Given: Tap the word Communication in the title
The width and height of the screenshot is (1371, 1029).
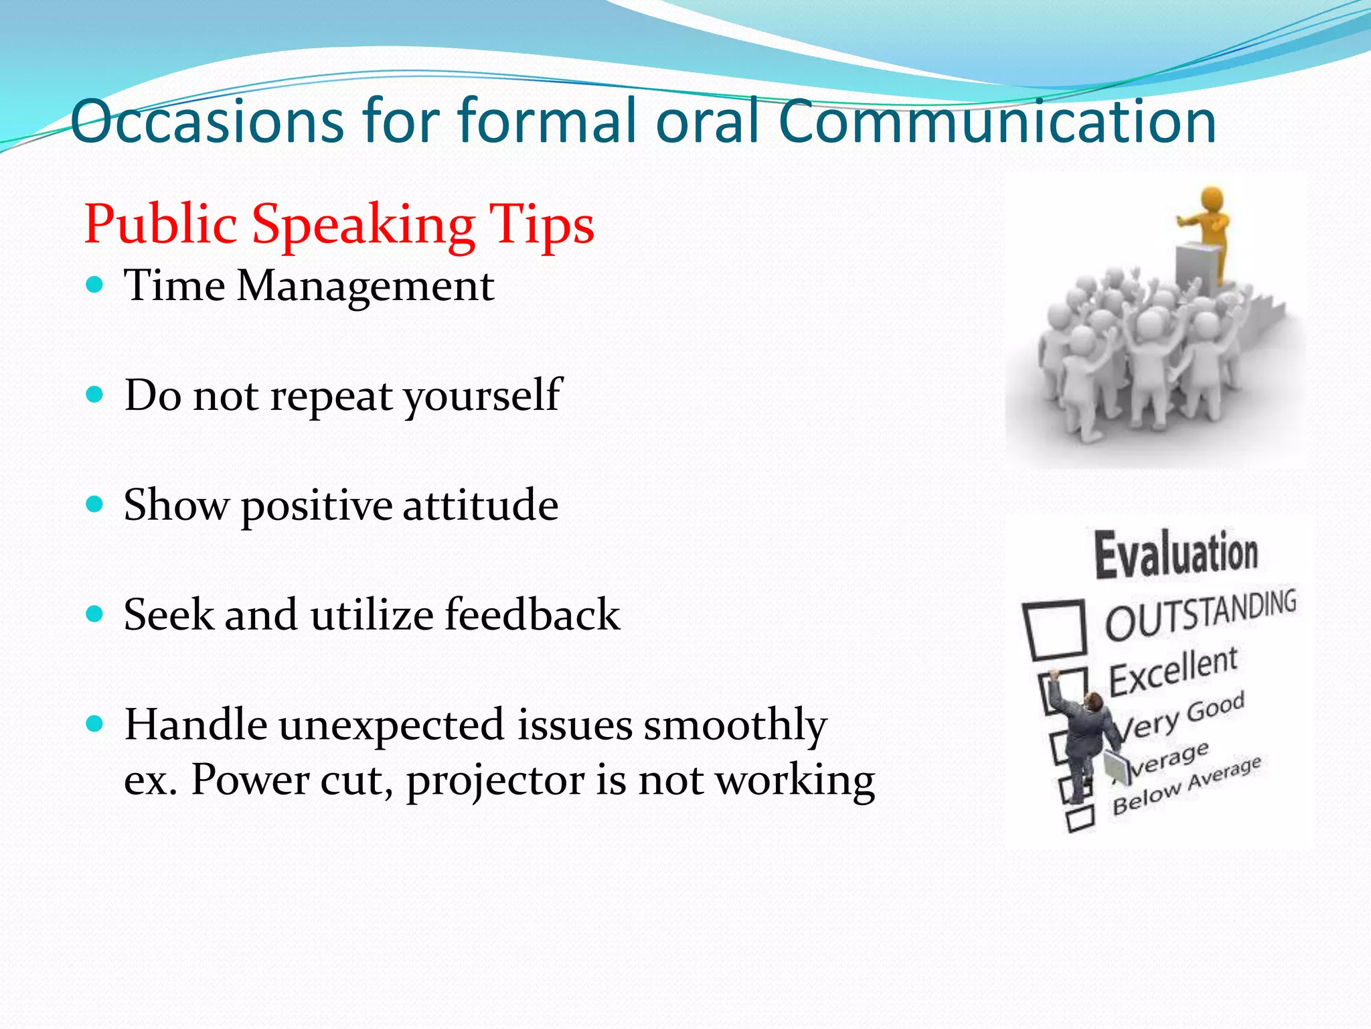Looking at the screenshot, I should click(x=997, y=122).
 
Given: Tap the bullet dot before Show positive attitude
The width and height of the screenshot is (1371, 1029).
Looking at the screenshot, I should click(x=95, y=504).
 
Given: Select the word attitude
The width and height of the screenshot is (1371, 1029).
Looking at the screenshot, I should click(x=480, y=505).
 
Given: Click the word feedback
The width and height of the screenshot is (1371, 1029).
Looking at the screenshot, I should click(x=532, y=615).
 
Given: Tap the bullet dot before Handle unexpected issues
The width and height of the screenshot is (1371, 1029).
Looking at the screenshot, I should click(x=95, y=724).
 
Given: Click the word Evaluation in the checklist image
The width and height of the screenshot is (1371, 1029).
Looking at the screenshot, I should click(x=1176, y=555).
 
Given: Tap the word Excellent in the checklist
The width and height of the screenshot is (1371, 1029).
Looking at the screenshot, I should click(x=1174, y=672).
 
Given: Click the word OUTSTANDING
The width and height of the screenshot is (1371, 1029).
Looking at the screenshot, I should click(x=1200, y=614).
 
